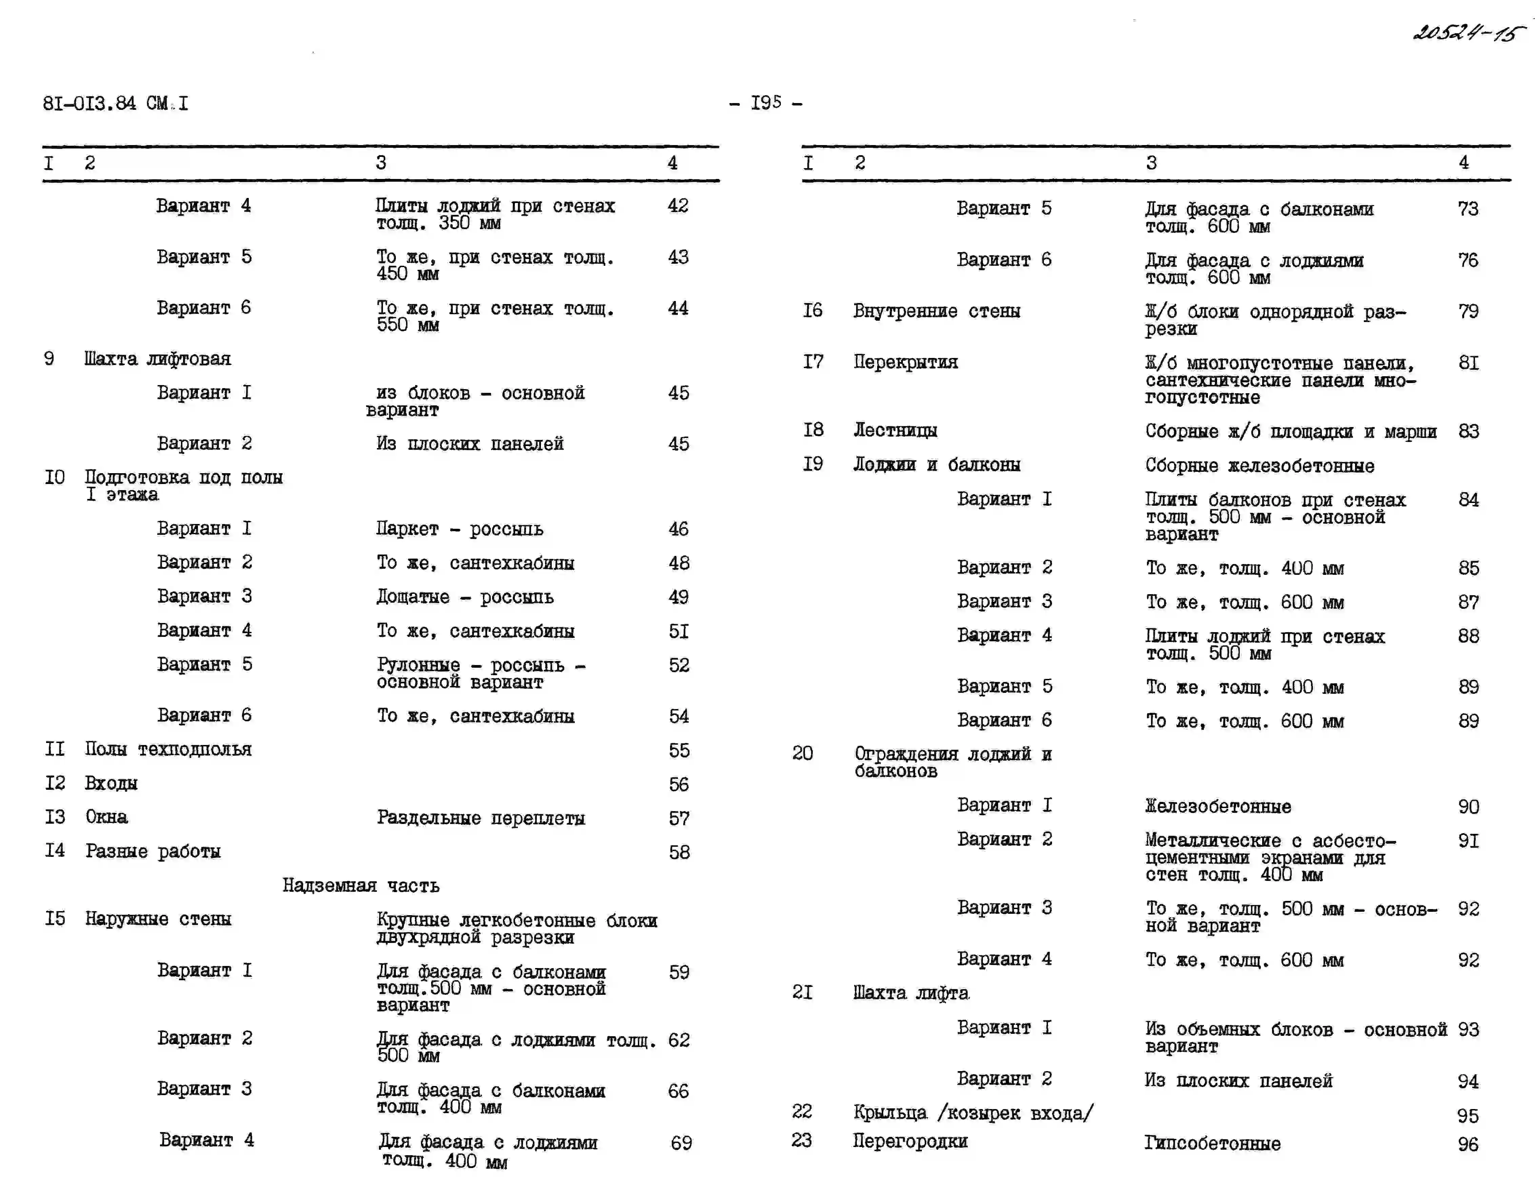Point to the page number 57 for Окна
(679, 818)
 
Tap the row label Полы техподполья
(168, 749)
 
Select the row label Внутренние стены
(936, 310)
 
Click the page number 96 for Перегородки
(1468, 1144)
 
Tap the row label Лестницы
(895, 430)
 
